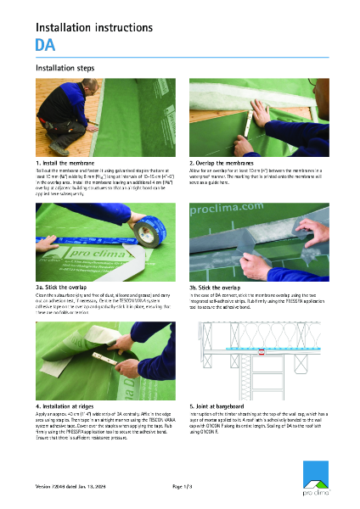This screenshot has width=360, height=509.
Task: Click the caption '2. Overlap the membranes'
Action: [227, 161]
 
